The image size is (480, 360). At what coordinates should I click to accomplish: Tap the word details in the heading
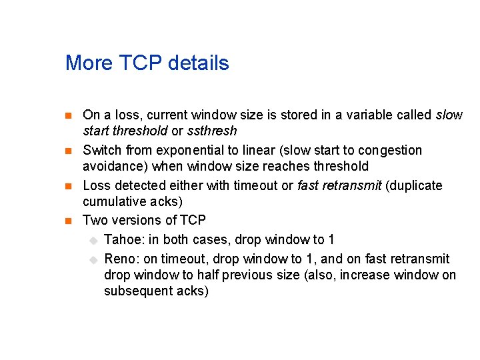pos(199,63)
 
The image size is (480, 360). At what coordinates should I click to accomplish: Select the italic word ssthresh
pos(212,131)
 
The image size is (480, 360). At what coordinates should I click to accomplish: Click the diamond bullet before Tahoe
pos(94,240)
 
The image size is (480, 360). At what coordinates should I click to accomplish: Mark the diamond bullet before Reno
pos(94,259)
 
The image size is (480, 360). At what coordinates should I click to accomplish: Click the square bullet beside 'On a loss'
pos(68,116)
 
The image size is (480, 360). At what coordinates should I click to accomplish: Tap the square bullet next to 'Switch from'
pos(68,151)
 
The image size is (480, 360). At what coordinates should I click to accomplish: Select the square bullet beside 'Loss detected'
pos(68,186)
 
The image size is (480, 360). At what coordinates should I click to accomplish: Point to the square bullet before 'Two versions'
pos(68,221)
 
